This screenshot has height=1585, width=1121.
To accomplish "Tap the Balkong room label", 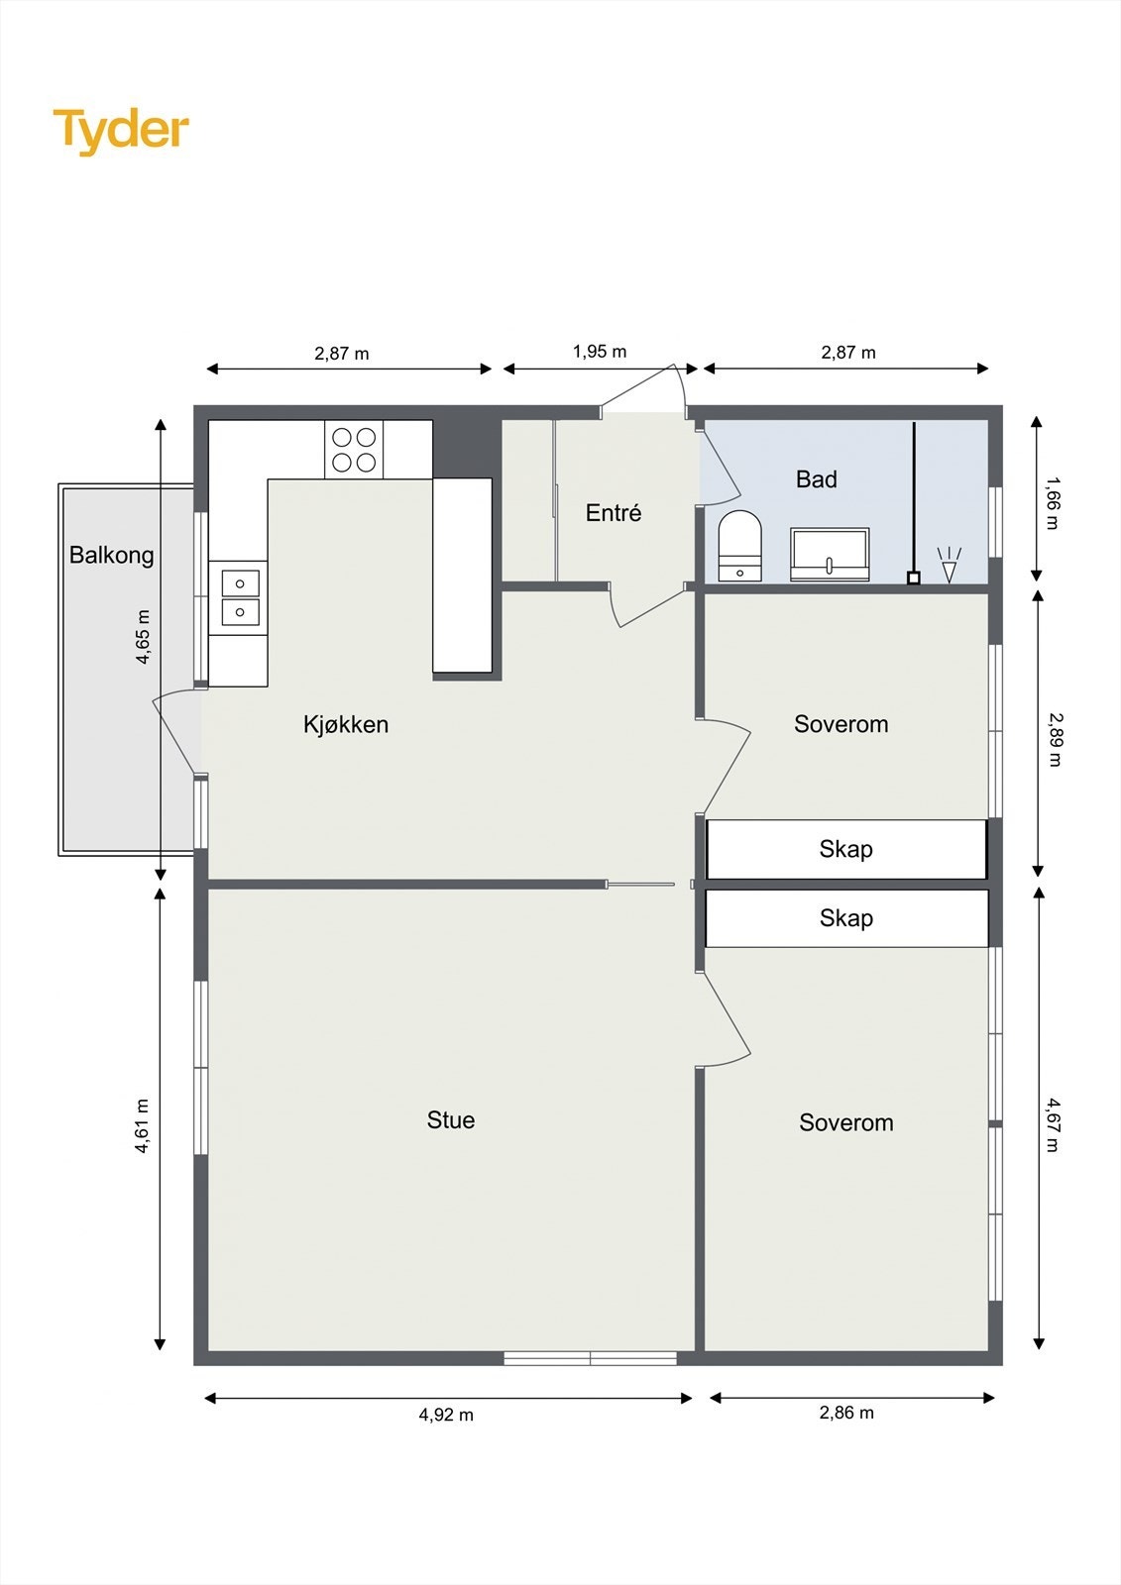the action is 111,556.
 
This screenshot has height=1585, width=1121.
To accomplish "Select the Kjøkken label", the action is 346,724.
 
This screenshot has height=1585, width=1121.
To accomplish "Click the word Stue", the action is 450,1119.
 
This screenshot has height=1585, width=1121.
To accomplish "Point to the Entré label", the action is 614,512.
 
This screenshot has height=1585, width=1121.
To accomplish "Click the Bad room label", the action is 817,479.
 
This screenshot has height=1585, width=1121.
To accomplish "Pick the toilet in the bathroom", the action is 740,546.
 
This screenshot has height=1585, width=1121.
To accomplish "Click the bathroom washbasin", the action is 830,555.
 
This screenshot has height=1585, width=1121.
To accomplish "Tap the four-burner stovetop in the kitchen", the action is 354,450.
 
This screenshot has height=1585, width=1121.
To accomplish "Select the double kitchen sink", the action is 240,598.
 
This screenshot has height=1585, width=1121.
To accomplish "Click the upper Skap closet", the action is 846,849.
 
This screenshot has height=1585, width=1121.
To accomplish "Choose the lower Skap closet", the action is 846,918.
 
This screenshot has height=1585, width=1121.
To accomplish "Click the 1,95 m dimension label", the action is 600,352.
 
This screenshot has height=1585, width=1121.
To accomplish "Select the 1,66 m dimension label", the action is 1053,504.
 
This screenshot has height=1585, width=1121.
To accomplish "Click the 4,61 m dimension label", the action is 143,1125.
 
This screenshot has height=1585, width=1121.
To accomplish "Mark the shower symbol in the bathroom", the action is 950,564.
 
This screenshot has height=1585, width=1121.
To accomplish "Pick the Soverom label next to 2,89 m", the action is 841,724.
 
